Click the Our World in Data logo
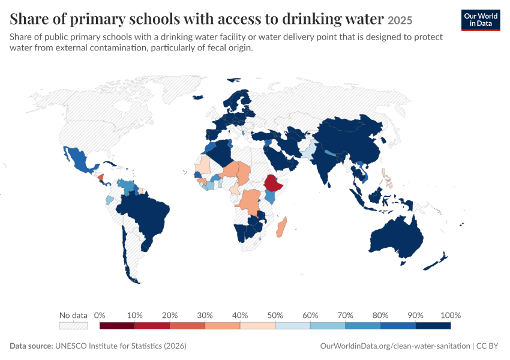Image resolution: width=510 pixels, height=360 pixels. pos(481,20)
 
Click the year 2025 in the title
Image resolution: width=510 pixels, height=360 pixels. pos(400,20)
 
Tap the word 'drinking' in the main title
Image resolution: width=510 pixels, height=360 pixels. pos(311,19)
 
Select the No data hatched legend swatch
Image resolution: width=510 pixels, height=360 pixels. pos(73,326)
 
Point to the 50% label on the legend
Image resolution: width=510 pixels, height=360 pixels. pos(275,315)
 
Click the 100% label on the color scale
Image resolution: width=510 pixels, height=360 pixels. pos(451,315)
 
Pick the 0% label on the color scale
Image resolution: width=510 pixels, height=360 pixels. pos(100,315)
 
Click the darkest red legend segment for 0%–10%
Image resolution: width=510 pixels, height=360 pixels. pos(117,326)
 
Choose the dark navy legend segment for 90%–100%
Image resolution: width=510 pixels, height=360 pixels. pos(433,326)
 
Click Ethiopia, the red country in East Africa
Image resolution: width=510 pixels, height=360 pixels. pos(272,183)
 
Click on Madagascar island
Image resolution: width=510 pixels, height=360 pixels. pos(281,227)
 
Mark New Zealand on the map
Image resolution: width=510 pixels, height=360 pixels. pos(436,262)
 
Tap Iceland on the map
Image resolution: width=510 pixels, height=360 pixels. pos(198,97)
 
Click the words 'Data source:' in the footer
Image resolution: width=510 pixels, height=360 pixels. pos(31,346)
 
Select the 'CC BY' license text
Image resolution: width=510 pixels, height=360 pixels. pos(487,346)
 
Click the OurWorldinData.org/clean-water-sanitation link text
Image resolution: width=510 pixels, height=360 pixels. pos(395,346)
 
